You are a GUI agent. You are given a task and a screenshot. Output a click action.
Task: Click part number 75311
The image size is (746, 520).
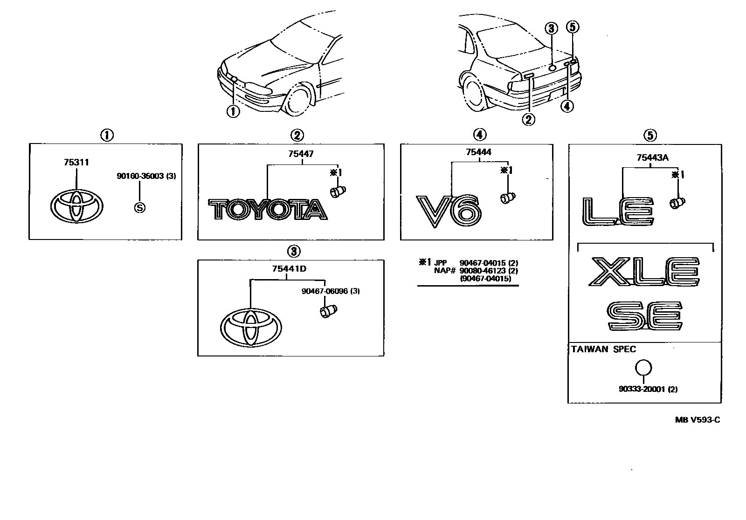[76, 163]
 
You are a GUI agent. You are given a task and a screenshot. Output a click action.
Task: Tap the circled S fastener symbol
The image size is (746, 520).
[139, 208]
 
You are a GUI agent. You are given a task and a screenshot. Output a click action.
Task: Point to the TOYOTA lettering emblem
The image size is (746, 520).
[267, 210]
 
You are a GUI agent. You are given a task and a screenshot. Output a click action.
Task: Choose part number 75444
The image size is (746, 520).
[478, 152]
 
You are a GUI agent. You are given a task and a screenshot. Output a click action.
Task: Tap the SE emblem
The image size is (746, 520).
[645, 316]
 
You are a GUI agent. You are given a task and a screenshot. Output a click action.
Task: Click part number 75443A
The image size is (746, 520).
[652, 157]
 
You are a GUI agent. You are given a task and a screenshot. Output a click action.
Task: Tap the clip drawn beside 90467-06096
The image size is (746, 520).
[329, 311]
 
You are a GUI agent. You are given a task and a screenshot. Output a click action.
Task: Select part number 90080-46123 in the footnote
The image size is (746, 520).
[482, 271]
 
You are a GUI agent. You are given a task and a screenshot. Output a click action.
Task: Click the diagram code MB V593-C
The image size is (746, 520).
[698, 420]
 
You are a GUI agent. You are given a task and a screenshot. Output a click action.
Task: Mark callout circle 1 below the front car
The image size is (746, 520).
[233, 111]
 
